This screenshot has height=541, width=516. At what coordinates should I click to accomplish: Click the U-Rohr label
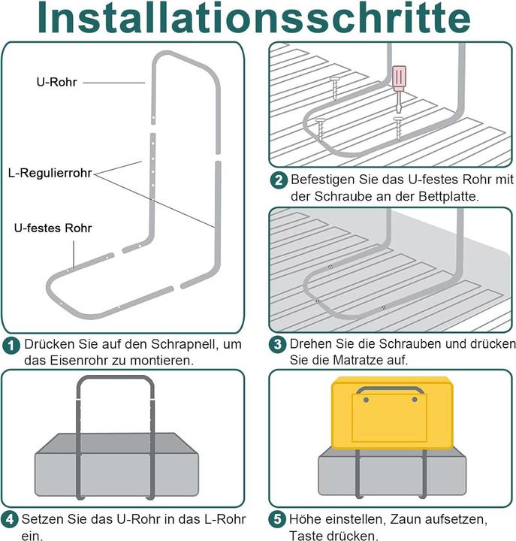(56, 82)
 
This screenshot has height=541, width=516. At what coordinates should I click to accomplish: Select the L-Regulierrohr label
(50, 173)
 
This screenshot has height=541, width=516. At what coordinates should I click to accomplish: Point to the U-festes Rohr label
(53, 228)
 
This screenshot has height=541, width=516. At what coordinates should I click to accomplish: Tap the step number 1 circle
(11, 346)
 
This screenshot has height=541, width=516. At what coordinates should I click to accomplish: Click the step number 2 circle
(279, 180)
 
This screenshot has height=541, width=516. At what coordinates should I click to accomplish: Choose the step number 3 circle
(279, 345)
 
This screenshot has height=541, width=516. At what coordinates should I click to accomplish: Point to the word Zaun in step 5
(404, 519)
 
